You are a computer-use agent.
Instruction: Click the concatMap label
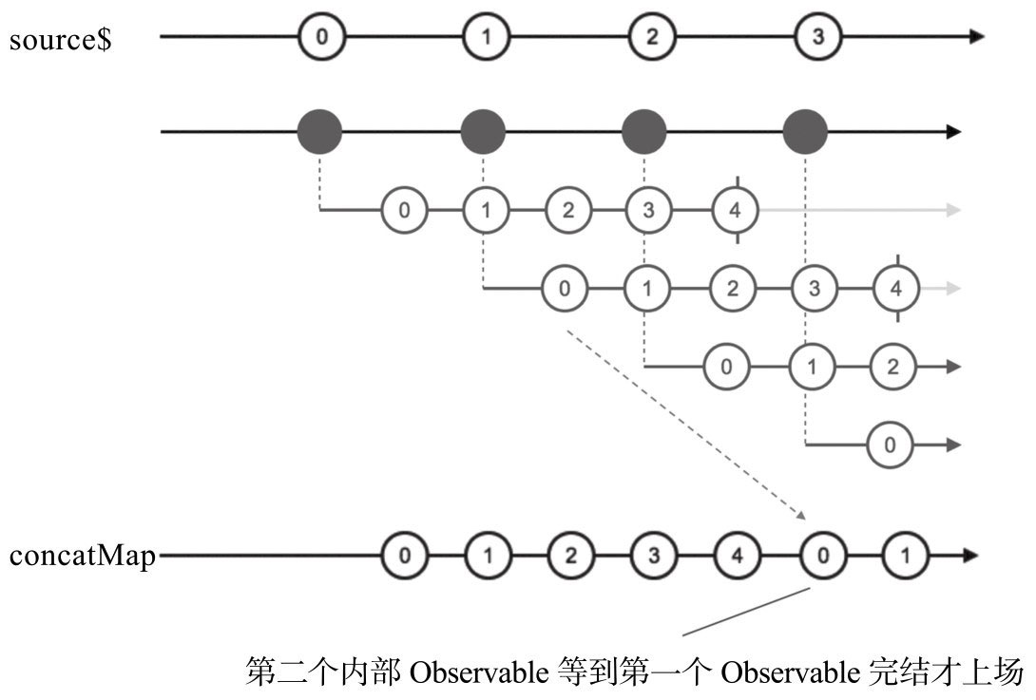click(x=82, y=556)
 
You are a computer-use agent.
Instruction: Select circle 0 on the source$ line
click(x=321, y=38)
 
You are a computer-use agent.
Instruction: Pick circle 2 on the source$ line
click(x=651, y=38)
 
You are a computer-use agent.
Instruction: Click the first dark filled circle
click(x=320, y=132)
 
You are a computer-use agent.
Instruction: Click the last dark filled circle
click(x=806, y=132)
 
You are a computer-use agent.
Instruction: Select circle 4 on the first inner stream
click(x=735, y=210)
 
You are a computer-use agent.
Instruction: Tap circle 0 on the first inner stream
click(x=405, y=210)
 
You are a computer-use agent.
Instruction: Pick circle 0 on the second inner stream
click(x=566, y=289)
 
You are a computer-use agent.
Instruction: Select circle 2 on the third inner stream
click(x=892, y=367)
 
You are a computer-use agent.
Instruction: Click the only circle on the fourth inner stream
click(x=890, y=444)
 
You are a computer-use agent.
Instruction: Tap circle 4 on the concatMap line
click(x=734, y=556)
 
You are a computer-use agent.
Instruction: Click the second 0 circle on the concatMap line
click(x=816, y=556)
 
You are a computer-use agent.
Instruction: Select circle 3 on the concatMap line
click(x=651, y=556)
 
